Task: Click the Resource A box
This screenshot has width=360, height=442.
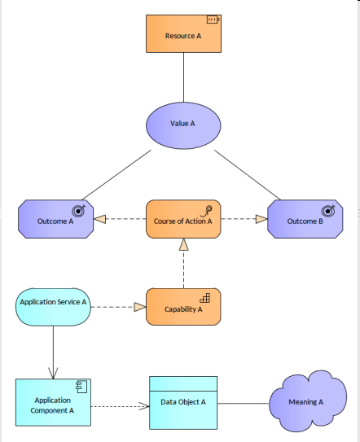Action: pyautogui.click(x=183, y=35)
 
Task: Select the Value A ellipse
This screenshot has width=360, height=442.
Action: pyautogui.click(x=182, y=124)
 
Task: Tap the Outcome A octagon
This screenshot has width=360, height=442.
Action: pyautogui.click(x=55, y=220)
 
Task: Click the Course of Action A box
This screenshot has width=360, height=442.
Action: pyautogui.click(x=183, y=220)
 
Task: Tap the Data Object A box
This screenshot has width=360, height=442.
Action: pyautogui.click(x=183, y=402)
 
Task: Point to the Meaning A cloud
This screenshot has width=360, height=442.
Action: pyautogui.click(x=306, y=401)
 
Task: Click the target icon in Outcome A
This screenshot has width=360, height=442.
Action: pyautogui.click(x=82, y=209)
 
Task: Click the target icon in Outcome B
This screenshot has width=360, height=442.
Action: pyautogui.click(x=331, y=209)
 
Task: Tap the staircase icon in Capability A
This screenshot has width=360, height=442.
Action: pyautogui.click(x=206, y=297)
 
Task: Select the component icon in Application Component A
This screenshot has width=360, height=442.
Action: pyautogui.click(x=82, y=386)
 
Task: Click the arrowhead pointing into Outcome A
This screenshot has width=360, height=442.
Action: pyautogui.click(x=100, y=219)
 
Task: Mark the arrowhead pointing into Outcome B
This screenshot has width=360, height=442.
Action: pyautogui.click(x=261, y=219)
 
